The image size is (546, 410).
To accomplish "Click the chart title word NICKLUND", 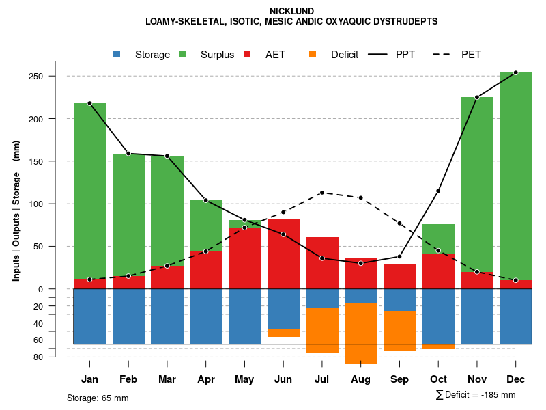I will click(291, 11).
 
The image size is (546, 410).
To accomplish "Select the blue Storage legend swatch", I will click(117, 54).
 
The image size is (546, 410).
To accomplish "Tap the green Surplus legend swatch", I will click(182, 54).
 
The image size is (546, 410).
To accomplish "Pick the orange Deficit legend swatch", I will click(313, 54).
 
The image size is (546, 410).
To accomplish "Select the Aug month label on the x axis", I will click(360, 379).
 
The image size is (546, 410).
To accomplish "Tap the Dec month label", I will click(515, 379).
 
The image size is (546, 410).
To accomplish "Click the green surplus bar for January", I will click(89, 191).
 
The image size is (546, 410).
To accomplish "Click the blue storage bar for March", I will click(167, 316).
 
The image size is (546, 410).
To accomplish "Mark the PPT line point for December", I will click(515, 72).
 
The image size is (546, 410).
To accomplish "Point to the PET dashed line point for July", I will click(322, 193).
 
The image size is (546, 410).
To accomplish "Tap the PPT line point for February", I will click(128, 154).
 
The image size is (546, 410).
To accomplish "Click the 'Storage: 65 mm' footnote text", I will click(98, 398).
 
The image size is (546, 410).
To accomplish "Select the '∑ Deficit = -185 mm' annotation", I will click(475, 394).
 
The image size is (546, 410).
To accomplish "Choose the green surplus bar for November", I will click(476, 184).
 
